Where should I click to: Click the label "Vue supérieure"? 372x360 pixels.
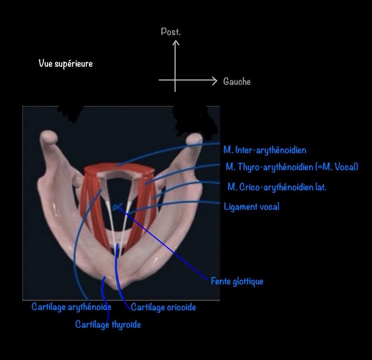(66, 64)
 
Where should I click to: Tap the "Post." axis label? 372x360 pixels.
(171, 32)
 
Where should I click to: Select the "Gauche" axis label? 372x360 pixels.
(237, 81)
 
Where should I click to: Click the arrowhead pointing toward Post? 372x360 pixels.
(175, 43)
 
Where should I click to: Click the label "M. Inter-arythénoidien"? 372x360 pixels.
(265, 150)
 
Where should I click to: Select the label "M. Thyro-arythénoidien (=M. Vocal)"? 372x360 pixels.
(292, 167)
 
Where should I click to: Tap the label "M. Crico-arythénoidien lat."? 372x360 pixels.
(277, 187)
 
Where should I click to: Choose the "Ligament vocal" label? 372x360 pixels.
(251, 206)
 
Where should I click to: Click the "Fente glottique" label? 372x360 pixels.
(237, 281)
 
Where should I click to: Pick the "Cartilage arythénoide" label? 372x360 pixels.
(71, 307)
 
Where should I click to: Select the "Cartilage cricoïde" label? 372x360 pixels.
(163, 307)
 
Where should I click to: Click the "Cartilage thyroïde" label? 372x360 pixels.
(108, 324)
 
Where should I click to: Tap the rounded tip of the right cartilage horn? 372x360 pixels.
(194, 138)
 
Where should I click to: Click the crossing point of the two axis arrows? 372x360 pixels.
(175, 80)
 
